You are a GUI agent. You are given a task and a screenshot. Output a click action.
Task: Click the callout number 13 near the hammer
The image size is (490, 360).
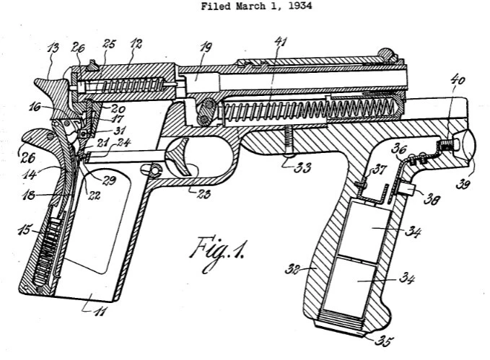tap(53, 48)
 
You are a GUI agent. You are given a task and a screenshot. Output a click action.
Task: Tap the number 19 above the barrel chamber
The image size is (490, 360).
tap(206, 48)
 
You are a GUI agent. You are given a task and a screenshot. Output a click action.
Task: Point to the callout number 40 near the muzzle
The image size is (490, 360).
tap(458, 79)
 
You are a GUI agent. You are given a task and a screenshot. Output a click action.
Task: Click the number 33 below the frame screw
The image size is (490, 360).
tap(302, 167)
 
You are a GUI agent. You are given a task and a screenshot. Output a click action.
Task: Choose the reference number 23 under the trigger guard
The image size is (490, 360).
tap(204, 194)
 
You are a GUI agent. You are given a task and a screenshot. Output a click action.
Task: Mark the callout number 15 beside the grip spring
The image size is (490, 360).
tap(25, 231)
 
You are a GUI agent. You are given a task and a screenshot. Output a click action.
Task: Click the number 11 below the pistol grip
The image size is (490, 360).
tap(100, 311)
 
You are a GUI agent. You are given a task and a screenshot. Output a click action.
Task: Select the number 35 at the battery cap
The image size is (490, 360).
tap(384, 341)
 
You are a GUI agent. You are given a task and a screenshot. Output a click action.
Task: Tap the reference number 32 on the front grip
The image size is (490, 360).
tap(292, 269)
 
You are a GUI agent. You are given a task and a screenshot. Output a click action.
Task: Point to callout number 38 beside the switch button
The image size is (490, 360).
tap(432, 199)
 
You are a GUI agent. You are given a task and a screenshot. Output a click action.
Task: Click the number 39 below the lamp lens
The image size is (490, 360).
tap(463, 185)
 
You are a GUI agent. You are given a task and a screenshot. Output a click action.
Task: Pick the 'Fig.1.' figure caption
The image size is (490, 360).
tap(217, 253)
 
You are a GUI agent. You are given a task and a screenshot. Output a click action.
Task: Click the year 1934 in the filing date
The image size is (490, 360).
tap(299, 6)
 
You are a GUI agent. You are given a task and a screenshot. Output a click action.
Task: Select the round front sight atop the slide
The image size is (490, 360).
tap(386, 53)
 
